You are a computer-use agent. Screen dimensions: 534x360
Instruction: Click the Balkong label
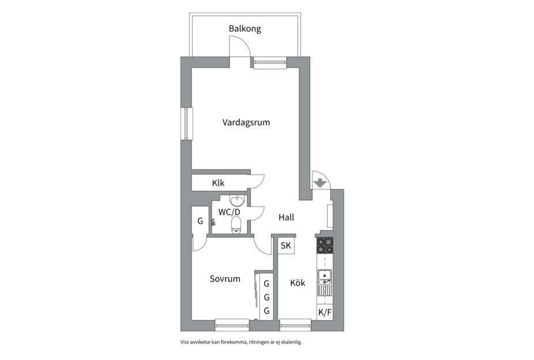[245, 29]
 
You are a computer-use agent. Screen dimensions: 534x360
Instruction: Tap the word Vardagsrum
[246, 123]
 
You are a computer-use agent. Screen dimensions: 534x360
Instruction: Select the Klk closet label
[219, 183]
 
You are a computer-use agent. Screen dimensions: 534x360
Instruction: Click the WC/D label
[229, 212]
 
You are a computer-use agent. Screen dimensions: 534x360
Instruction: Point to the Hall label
[287, 217]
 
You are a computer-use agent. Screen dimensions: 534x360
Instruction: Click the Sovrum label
[225, 279]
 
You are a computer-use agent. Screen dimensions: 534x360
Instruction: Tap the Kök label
[298, 283]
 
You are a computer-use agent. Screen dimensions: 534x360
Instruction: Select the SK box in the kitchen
[286, 245]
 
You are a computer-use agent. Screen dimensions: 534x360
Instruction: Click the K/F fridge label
[325, 312]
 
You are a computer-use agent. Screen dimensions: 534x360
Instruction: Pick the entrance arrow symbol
[320, 183]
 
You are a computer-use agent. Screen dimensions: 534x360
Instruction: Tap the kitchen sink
[325, 283]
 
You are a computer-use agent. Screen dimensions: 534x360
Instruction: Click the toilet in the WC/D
[236, 226]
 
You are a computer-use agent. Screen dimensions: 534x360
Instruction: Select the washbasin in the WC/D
[236, 201]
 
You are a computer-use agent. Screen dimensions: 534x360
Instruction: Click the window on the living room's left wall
[187, 123]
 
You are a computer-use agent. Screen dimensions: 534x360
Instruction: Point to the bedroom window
[232, 325]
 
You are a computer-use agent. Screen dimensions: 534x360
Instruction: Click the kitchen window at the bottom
[296, 325]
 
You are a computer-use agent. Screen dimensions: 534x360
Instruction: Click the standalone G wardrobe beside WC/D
[200, 221]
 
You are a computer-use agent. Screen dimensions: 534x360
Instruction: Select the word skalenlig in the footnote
[293, 342]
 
